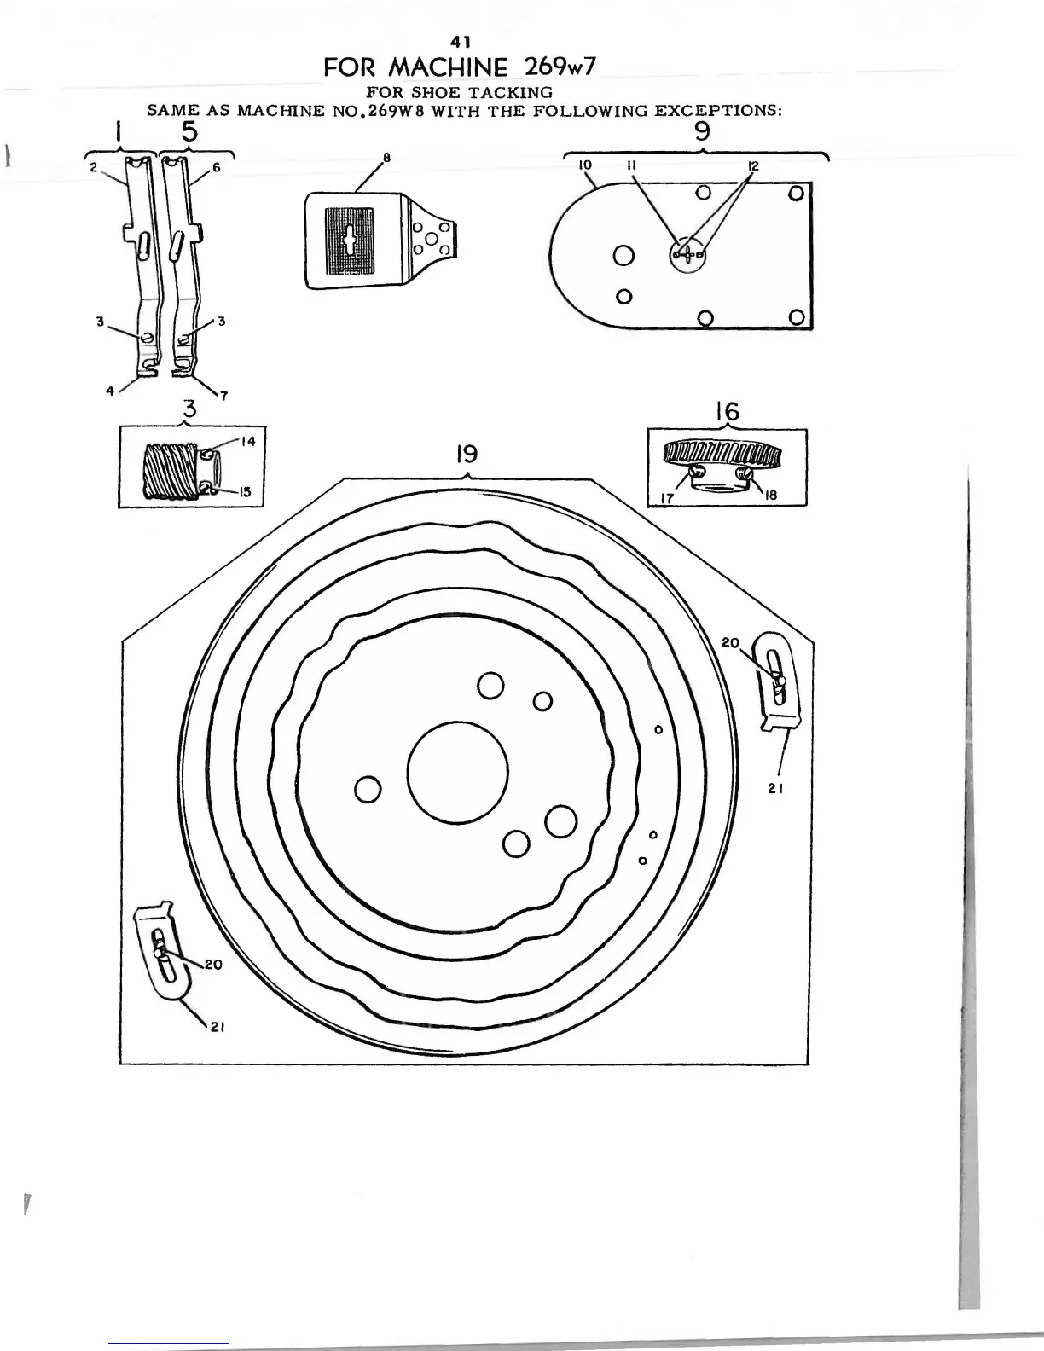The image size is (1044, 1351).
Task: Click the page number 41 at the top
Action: click(x=462, y=40)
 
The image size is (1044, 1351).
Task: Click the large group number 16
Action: click(x=727, y=413)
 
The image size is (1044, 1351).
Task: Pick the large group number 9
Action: click(x=702, y=131)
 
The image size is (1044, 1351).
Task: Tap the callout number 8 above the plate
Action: click(x=386, y=158)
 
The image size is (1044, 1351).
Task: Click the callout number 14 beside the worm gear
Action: click(x=247, y=441)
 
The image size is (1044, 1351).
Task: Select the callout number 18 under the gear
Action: click(x=770, y=495)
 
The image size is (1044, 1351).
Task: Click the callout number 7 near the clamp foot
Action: click(x=223, y=394)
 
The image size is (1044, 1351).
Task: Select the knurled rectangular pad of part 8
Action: click(x=351, y=241)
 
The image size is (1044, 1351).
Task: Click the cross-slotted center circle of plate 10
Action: click(x=686, y=253)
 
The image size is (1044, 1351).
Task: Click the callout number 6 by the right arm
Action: click(x=217, y=168)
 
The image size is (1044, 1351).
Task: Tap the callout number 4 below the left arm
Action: click(x=110, y=391)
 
